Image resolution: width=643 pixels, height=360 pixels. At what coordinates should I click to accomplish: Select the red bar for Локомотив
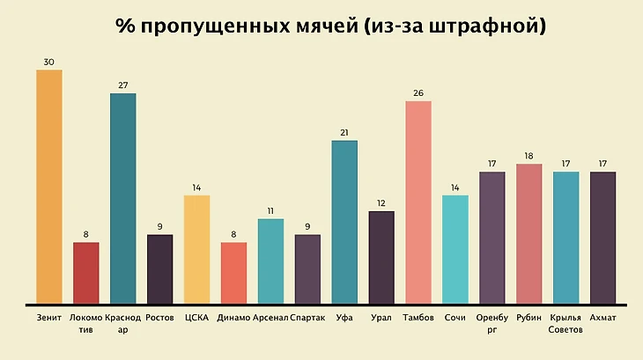[x=86, y=273]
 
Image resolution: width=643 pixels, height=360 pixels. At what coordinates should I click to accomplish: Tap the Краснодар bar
[x=123, y=198]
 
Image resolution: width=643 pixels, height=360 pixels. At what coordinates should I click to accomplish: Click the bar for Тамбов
[x=418, y=202]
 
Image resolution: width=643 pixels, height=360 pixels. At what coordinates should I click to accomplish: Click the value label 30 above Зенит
[x=49, y=62]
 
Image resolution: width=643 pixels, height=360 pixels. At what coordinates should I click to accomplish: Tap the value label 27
[x=123, y=85]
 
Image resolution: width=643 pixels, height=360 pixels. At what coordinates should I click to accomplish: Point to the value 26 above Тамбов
[x=418, y=93]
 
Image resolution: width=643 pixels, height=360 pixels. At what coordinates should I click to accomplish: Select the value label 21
[x=344, y=133]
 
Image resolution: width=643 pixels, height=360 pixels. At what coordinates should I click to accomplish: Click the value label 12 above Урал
[x=381, y=203]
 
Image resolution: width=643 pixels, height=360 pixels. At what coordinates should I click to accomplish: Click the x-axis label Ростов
[x=160, y=317]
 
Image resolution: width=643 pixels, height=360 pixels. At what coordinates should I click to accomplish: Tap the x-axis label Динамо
[x=233, y=317]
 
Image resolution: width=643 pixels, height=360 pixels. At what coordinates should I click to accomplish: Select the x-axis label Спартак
[x=307, y=317]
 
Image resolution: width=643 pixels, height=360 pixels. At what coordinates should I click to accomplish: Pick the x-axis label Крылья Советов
[x=565, y=323]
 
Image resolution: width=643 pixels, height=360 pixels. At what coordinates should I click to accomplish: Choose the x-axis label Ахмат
[x=602, y=317]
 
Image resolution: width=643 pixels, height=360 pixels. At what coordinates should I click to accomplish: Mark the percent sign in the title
[x=123, y=26]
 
